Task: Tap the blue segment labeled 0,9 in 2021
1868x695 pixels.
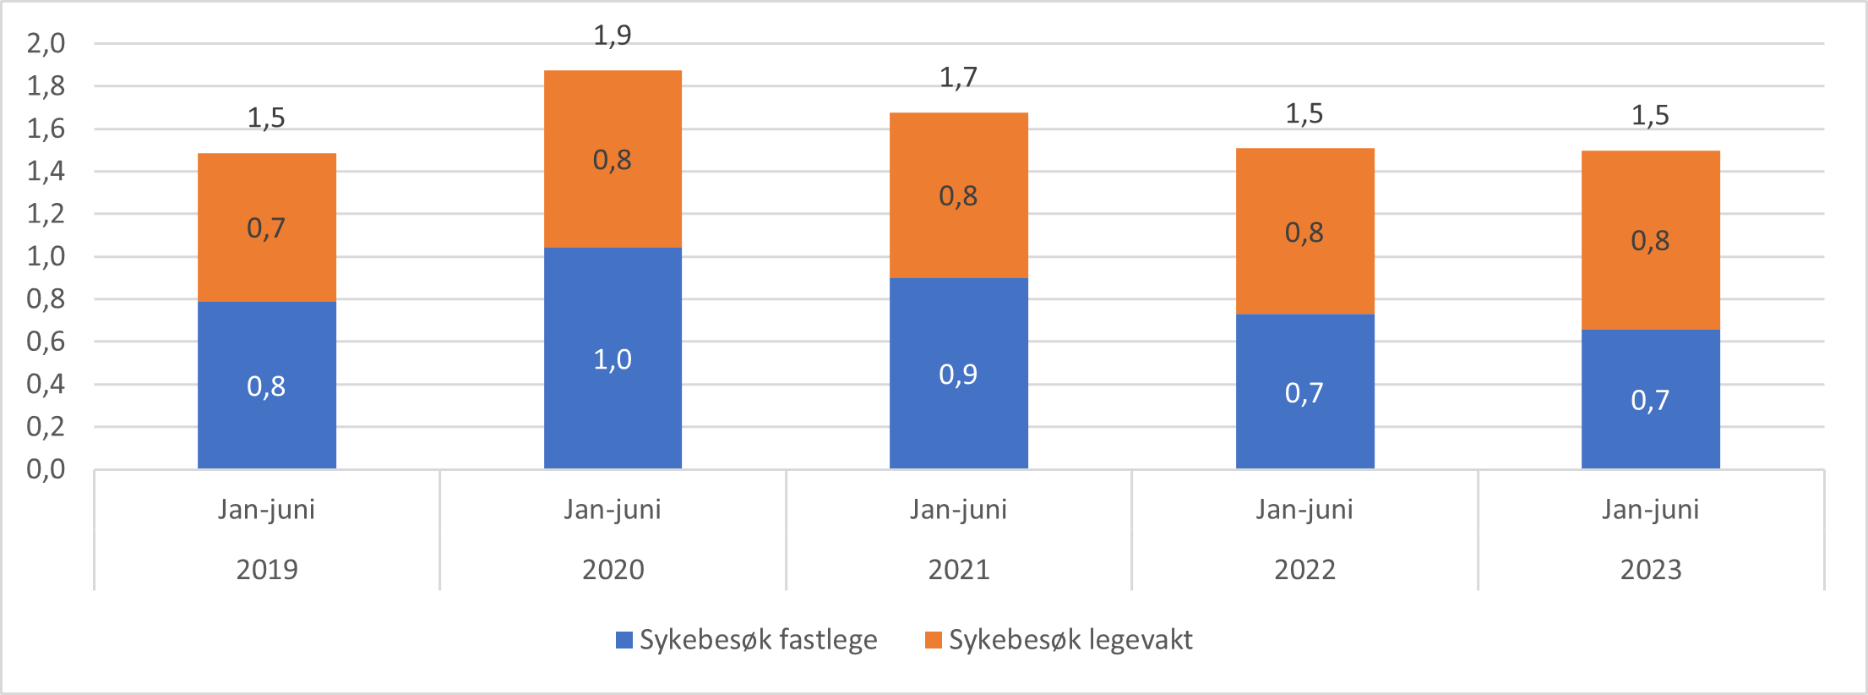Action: pyautogui.click(x=958, y=374)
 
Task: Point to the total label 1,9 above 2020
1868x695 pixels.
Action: pyautogui.click(x=613, y=36)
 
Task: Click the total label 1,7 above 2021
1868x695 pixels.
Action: pyautogui.click(x=958, y=78)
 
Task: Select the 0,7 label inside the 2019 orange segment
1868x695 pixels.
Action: pyautogui.click(x=266, y=228)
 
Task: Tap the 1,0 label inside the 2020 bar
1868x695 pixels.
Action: pyautogui.click(x=613, y=360)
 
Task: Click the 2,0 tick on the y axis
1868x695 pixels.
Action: pyautogui.click(x=46, y=43)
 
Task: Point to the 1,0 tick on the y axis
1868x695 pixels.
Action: pyautogui.click(x=46, y=256)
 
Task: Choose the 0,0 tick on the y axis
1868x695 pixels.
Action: pyautogui.click(x=46, y=469)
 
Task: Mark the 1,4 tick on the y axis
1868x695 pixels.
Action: pyautogui.click(x=46, y=171)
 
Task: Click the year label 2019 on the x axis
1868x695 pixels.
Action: pyautogui.click(x=267, y=569)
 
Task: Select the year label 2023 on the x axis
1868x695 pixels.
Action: pyautogui.click(x=1650, y=569)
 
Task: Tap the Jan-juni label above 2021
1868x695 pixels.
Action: pyautogui.click(x=958, y=509)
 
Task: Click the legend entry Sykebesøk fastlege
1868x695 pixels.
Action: pyautogui.click(x=757, y=640)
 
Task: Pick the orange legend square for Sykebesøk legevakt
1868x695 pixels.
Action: pyautogui.click(x=933, y=640)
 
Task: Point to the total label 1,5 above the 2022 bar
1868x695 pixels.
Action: pyautogui.click(x=1304, y=114)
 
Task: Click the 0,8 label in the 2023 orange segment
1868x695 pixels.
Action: pyautogui.click(x=1650, y=241)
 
